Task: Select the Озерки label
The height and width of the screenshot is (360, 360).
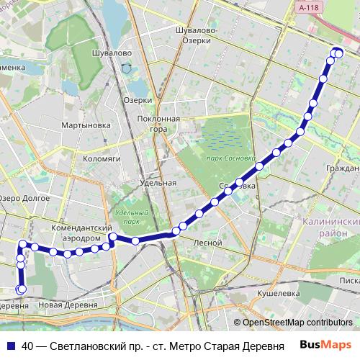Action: coord(138,100)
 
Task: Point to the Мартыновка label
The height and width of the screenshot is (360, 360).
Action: coord(86,125)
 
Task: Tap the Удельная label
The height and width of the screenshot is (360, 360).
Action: coord(158,183)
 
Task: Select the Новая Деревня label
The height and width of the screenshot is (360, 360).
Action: coord(67,305)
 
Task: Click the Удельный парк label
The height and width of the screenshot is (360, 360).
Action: coord(131,217)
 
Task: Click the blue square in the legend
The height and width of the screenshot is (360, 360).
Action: coord(11,344)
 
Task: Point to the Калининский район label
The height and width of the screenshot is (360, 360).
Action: coord(333,228)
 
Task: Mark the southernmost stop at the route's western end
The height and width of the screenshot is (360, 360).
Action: coord(21,289)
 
